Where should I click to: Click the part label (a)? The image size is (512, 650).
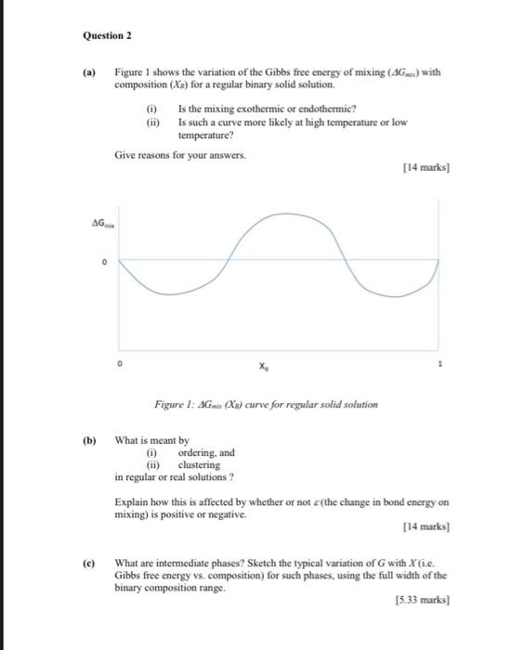(91, 71)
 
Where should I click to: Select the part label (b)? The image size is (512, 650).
(90, 441)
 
